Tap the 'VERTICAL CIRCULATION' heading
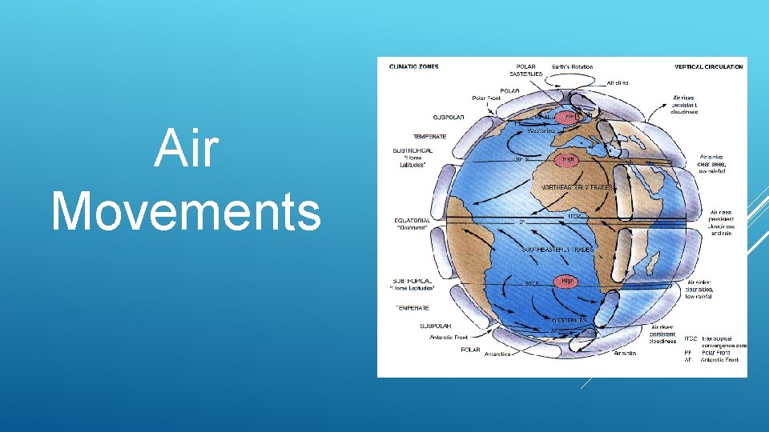[x=709, y=66]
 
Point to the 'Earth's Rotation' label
[x=574, y=66]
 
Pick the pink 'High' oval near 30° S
[x=568, y=281]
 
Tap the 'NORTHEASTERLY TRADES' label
[x=577, y=186]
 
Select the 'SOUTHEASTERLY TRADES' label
[x=558, y=250]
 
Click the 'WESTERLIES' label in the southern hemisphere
[x=568, y=320]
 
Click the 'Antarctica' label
[x=497, y=354]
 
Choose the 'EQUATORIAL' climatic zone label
[x=412, y=221]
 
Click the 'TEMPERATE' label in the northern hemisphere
[x=429, y=136]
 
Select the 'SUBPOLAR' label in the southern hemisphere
[x=436, y=326]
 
